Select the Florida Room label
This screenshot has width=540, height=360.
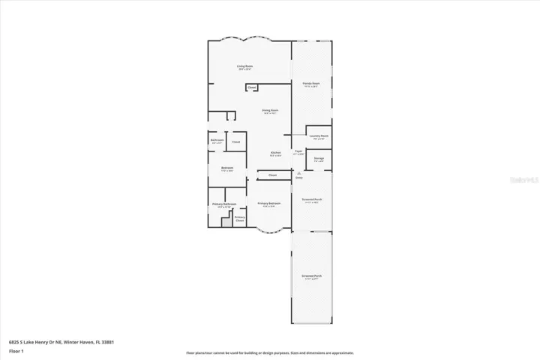pos(311,84)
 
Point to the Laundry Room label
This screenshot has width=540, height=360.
pos(319,136)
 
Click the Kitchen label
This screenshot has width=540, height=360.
pos(275,154)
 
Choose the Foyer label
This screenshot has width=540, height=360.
pos(298,152)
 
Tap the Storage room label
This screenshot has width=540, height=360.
pos(319,159)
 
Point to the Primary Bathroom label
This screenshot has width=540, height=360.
pos(224,205)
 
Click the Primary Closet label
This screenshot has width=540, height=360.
pos(240,219)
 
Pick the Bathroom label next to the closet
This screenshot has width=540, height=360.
pos(217,141)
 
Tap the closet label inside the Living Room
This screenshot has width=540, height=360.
pos(252,88)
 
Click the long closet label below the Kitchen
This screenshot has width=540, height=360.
pos(272,175)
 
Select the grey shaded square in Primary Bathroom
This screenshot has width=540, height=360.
pos(226,222)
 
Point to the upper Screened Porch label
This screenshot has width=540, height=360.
pos(310,200)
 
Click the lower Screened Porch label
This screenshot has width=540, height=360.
pos(310,277)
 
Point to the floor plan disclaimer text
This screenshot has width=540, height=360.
pos(270,353)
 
